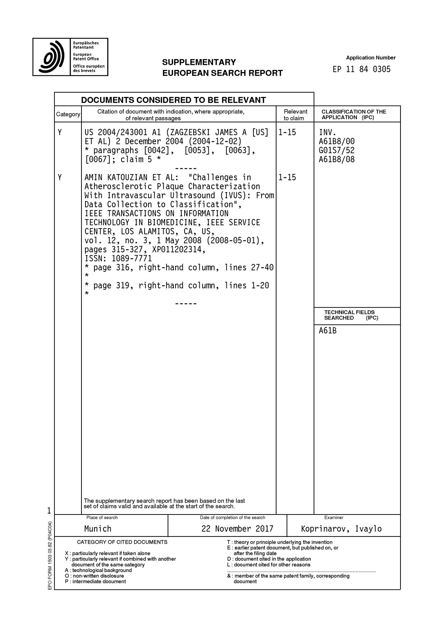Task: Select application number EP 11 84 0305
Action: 362,69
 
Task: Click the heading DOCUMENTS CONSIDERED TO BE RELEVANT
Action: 173,100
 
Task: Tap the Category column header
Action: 68,114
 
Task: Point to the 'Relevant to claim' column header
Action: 295,115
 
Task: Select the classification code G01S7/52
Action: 336,150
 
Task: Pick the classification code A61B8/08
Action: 336,159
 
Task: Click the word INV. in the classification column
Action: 327,132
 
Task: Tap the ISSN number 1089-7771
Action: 131,258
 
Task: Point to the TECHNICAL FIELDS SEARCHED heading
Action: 349,315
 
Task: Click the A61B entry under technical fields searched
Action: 327,330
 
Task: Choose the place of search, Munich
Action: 98,529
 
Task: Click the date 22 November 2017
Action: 237,529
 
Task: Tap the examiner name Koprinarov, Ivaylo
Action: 341,529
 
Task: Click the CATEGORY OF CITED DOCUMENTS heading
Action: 122,542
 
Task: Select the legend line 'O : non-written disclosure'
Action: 94,576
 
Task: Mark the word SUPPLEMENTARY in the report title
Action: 199,62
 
